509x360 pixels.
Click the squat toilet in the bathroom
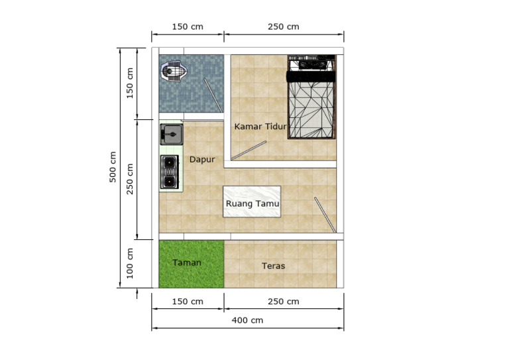(x=175, y=71)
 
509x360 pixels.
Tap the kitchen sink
(x=171, y=135)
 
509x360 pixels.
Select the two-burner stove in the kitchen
(x=170, y=171)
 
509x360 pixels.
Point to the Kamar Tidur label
(x=260, y=126)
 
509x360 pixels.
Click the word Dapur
(x=202, y=159)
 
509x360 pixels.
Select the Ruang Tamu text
(x=252, y=204)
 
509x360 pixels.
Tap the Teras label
(x=273, y=265)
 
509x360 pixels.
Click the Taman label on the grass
(x=187, y=263)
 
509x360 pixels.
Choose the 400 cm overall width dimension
(x=247, y=320)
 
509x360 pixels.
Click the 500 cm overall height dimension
(x=113, y=167)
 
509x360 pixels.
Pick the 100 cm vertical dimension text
(x=130, y=263)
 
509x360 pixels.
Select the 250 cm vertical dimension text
(x=130, y=178)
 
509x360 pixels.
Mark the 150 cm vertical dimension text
(x=130, y=82)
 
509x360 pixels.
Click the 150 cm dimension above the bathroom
(x=188, y=27)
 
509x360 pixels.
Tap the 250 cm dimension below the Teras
(x=283, y=302)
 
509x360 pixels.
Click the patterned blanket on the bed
(x=311, y=110)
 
